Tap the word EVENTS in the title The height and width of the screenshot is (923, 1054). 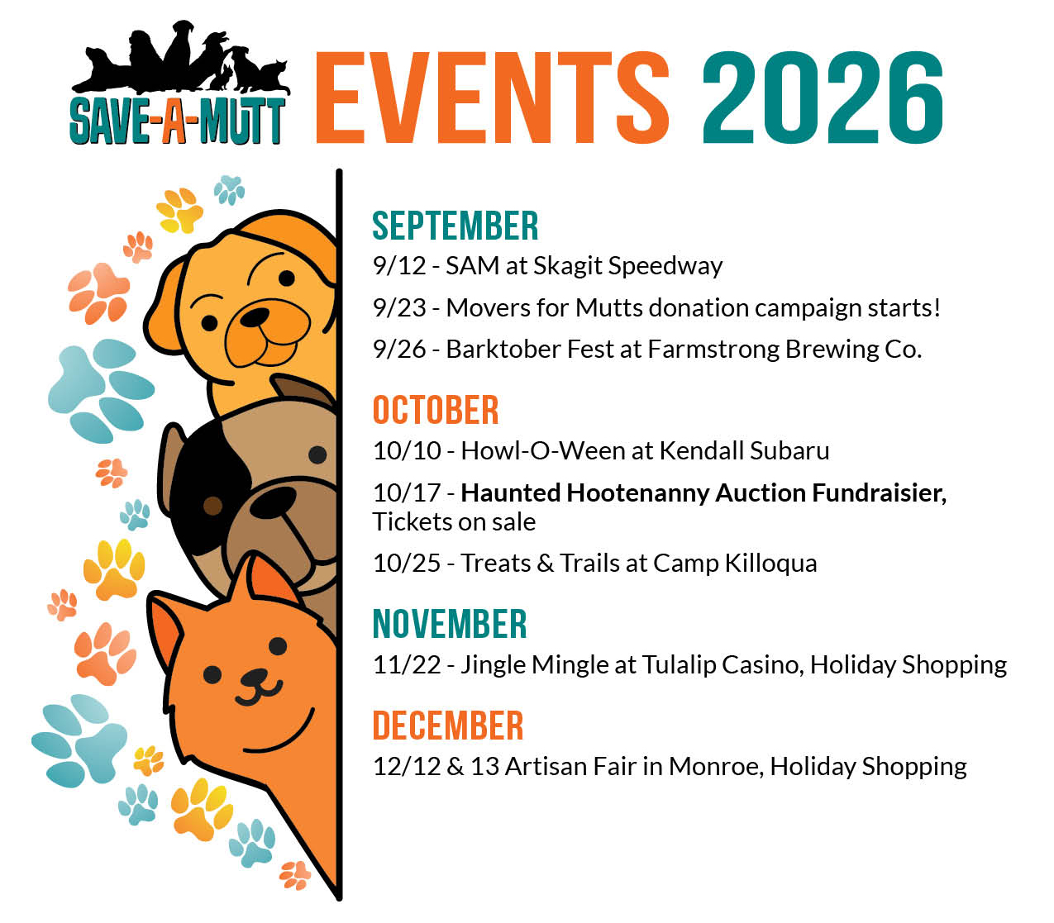coord(492,98)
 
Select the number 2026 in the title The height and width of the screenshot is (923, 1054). coord(823,98)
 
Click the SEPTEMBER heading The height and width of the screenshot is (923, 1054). coord(455,226)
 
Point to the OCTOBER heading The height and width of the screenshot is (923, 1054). coord(436,410)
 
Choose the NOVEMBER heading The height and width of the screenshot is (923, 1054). coord(450,624)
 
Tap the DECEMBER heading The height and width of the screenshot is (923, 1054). coord(448,726)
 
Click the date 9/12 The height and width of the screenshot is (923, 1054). coord(399,266)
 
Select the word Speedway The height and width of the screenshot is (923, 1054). coord(665,267)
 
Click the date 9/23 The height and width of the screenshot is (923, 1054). coord(399,308)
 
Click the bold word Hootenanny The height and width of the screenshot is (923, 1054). coord(638,494)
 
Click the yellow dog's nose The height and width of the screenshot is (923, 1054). coord(255,316)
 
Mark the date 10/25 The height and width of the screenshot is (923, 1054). coord(407,564)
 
